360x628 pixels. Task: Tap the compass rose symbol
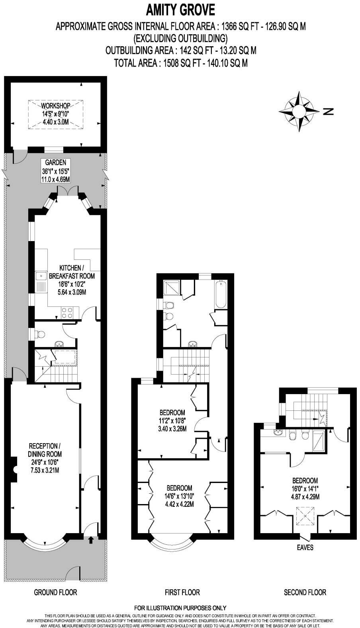299,111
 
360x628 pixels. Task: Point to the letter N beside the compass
328,112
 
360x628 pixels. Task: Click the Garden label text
55,171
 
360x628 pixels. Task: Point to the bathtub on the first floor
220,294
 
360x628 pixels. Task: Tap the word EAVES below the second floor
305,548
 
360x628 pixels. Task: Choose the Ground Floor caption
55,592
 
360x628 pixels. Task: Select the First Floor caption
182,592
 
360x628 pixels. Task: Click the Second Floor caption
305,592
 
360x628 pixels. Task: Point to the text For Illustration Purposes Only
180,608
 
